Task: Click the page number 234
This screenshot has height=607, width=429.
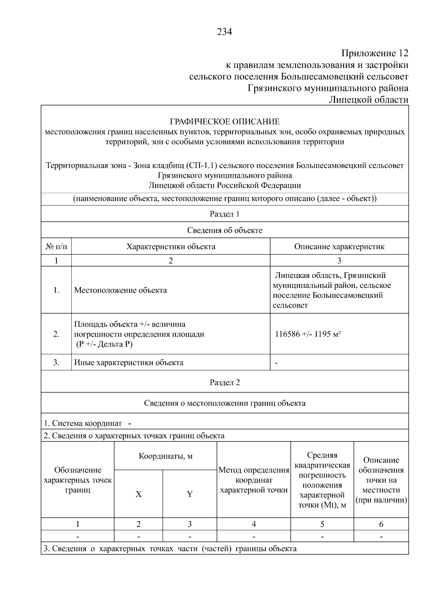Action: coord(225,32)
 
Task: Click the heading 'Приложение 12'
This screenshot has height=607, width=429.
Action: coord(374,53)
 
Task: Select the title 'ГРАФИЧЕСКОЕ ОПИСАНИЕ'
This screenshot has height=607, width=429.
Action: coord(225,122)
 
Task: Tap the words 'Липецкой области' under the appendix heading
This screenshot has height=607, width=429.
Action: coord(369,100)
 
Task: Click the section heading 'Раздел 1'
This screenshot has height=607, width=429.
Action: coord(225,214)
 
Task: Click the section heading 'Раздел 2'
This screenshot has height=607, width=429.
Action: coord(225,382)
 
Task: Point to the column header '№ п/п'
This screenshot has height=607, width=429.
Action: coord(56,246)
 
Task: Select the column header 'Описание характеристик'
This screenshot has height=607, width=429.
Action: coord(339,246)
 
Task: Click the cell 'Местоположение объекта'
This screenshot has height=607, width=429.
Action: coord(120,290)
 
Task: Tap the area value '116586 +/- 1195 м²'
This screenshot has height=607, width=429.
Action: coord(308,334)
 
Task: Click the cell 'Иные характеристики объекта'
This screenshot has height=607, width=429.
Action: coord(129,362)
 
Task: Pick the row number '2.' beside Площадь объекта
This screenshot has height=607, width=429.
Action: coord(56,334)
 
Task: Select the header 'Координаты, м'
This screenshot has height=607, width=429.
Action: coord(166,456)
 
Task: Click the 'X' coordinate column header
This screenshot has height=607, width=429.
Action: coord(138,494)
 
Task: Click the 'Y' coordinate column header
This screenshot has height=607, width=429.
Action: coord(189,494)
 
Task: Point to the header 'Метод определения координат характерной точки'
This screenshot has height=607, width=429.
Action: coord(254,480)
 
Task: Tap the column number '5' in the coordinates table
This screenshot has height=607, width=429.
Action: coord(322,524)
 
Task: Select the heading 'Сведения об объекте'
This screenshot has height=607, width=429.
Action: coord(225,230)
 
